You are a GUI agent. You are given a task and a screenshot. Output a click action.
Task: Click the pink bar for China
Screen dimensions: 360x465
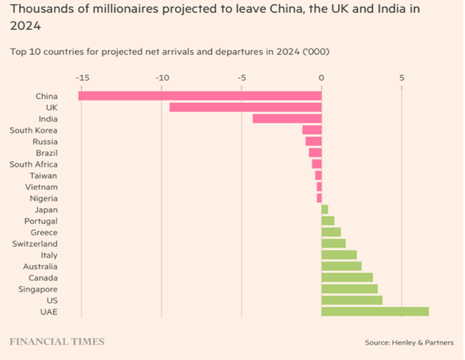click(200, 96)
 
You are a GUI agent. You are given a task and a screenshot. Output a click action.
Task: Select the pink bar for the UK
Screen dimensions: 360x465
click(245, 107)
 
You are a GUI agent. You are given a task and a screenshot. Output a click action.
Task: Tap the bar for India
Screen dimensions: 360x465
click(287, 119)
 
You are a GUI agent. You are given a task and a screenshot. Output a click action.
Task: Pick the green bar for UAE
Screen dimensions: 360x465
click(375, 311)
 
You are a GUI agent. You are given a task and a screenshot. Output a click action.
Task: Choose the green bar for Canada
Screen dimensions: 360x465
click(347, 277)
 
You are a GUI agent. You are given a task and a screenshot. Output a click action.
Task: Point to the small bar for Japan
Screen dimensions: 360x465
click(325, 209)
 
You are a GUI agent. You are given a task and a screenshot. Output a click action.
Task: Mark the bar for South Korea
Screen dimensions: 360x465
click(312, 130)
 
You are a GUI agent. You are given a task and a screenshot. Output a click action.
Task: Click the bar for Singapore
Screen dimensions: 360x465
click(349, 289)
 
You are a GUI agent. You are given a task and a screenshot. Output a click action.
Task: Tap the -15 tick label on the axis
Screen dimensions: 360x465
click(82, 78)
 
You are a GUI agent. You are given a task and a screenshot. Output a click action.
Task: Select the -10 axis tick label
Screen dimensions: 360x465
click(162, 78)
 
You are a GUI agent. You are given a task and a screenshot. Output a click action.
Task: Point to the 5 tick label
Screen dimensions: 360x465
click(402, 78)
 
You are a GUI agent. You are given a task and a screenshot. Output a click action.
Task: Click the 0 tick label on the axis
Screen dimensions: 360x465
click(321, 78)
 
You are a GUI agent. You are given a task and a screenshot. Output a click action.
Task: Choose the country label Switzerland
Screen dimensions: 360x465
click(35, 244)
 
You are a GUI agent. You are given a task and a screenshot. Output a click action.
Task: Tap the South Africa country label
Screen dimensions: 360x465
click(33, 164)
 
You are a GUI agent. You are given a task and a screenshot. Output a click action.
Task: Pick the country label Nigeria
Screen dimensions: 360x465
click(43, 198)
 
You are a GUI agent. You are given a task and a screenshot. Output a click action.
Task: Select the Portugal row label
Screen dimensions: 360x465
click(41, 221)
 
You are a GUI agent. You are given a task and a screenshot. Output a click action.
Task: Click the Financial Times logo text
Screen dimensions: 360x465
click(57, 341)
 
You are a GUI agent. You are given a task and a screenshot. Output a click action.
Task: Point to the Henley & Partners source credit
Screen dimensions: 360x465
click(409, 342)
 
